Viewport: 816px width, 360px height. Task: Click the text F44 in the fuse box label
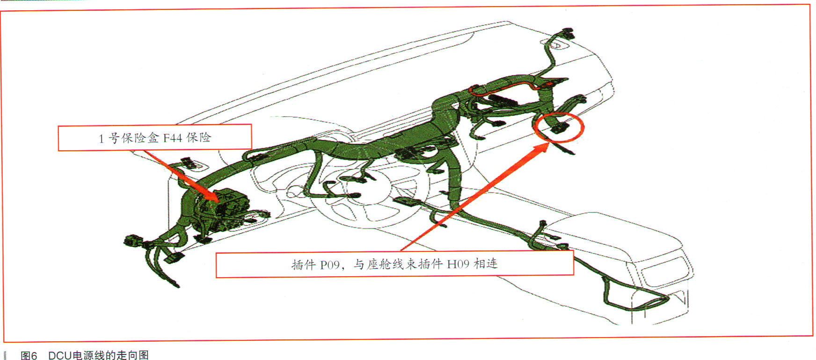172,138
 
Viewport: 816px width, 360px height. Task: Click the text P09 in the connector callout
330,265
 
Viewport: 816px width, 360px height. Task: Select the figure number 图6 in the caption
29,355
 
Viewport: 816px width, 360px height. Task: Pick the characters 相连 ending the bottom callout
485,264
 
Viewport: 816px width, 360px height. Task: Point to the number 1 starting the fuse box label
101,139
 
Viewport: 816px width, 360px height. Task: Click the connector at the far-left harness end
133,241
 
